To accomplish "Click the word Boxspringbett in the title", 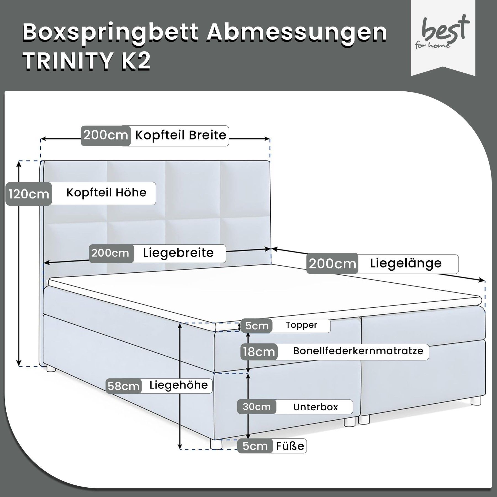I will pyautogui.click(x=111, y=33).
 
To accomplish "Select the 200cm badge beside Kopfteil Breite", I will pyautogui.click(x=106, y=136).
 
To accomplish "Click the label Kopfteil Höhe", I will pyautogui.click(x=106, y=193).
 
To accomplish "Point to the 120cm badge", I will pyautogui.click(x=29, y=194).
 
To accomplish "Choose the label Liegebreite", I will pyautogui.click(x=178, y=253).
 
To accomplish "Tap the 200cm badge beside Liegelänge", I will pyautogui.click(x=332, y=264).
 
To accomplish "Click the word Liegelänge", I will pyautogui.click(x=406, y=263).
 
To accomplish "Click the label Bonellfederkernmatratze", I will pyautogui.click(x=358, y=351).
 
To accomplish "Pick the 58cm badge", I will pyautogui.click(x=123, y=386).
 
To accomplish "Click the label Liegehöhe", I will pyautogui.click(x=179, y=385).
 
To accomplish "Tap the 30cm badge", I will pyautogui.click(x=257, y=407).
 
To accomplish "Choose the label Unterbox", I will pyautogui.click(x=315, y=407).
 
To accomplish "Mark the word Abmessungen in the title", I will pyautogui.click(x=297, y=33).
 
